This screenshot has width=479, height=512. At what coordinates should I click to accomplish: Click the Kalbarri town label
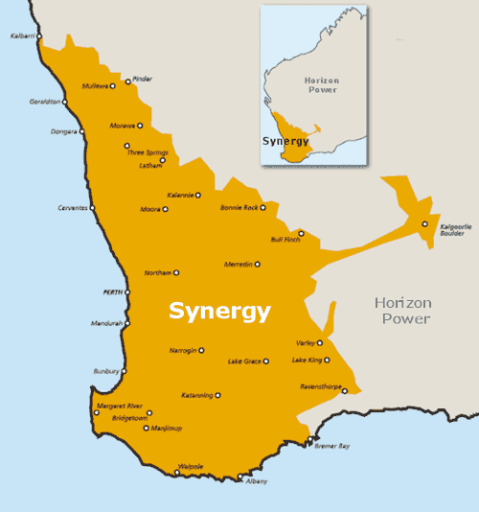click(22, 36)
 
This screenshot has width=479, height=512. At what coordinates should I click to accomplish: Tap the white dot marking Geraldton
click(65, 102)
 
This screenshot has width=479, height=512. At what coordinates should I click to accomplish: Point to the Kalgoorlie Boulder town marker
click(425, 224)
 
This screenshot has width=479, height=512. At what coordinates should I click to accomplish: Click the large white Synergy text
click(219, 311)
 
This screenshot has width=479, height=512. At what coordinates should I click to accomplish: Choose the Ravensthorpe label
click(320, 386)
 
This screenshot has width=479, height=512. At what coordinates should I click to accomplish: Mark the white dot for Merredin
click(257, 265)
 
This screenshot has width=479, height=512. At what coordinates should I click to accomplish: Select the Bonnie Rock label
click(239, 207)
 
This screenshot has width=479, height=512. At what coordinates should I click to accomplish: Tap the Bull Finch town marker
click(301, 233)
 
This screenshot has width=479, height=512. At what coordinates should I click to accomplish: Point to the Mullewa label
click(95, 85)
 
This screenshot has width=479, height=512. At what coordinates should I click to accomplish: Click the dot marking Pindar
click(127, 81)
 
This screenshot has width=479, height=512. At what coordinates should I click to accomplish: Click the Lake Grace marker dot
click(266, 361)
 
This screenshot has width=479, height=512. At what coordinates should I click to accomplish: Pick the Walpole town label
click(191, 467)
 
